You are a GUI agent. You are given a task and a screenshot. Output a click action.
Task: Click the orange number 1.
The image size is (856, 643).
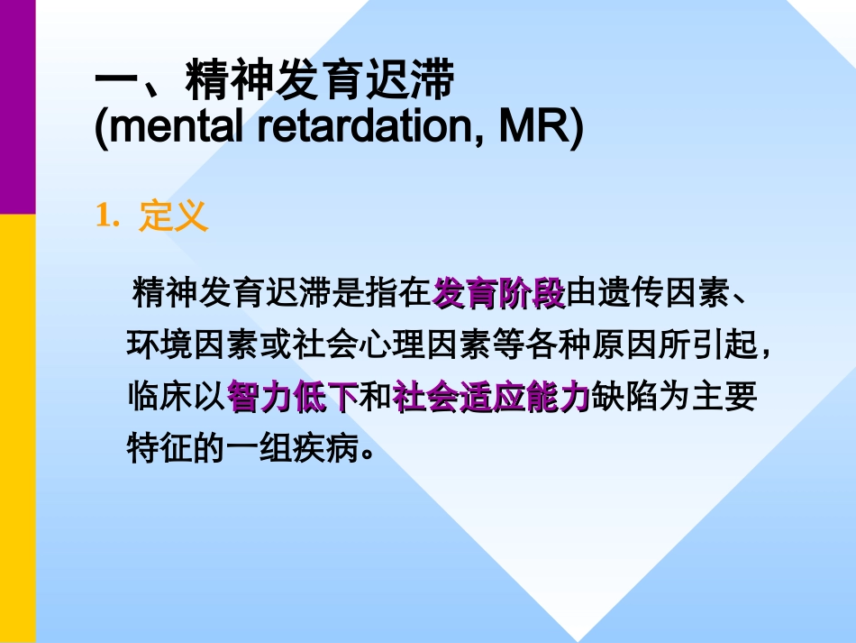(x=106, y=216)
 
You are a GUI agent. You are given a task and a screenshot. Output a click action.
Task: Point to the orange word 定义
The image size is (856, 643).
(x=173, y=216)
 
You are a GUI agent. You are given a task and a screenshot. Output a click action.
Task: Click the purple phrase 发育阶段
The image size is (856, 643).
(x=499, y=293)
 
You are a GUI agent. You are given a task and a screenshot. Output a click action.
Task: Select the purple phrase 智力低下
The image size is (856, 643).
(x=293, y=397)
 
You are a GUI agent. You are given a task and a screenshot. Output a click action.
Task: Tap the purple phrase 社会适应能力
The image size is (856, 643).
(x=491, y=397)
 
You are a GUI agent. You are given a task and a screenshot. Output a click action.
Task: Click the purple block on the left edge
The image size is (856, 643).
(x=17, y=106)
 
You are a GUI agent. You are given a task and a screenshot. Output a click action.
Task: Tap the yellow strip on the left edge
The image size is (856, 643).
(x=17, y=428)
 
